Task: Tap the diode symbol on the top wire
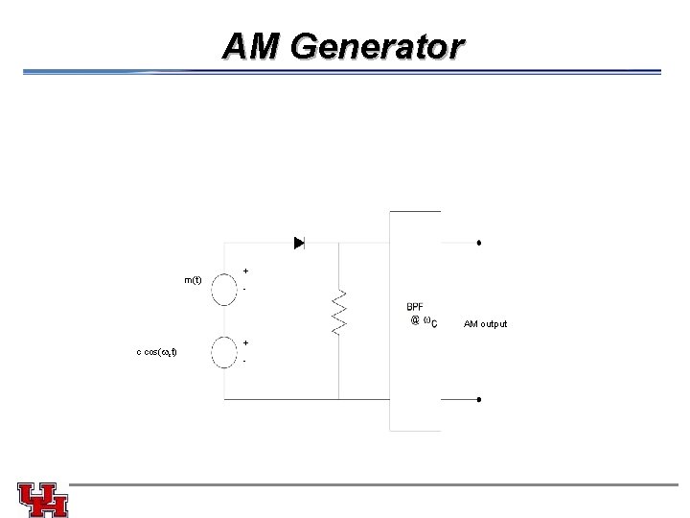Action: point(299,243)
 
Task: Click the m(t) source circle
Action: point(224,288)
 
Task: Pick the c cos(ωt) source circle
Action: point(224,353)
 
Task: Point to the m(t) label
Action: point(193,280)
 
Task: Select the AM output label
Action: point(486,324)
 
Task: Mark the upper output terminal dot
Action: point(478,243)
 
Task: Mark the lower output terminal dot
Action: point(478,399)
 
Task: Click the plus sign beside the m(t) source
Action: point(246,271)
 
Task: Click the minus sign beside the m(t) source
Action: point(246,289)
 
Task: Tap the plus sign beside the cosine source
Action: point(246,342)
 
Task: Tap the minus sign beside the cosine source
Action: point(246,362)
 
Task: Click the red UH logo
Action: point(43,499)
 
